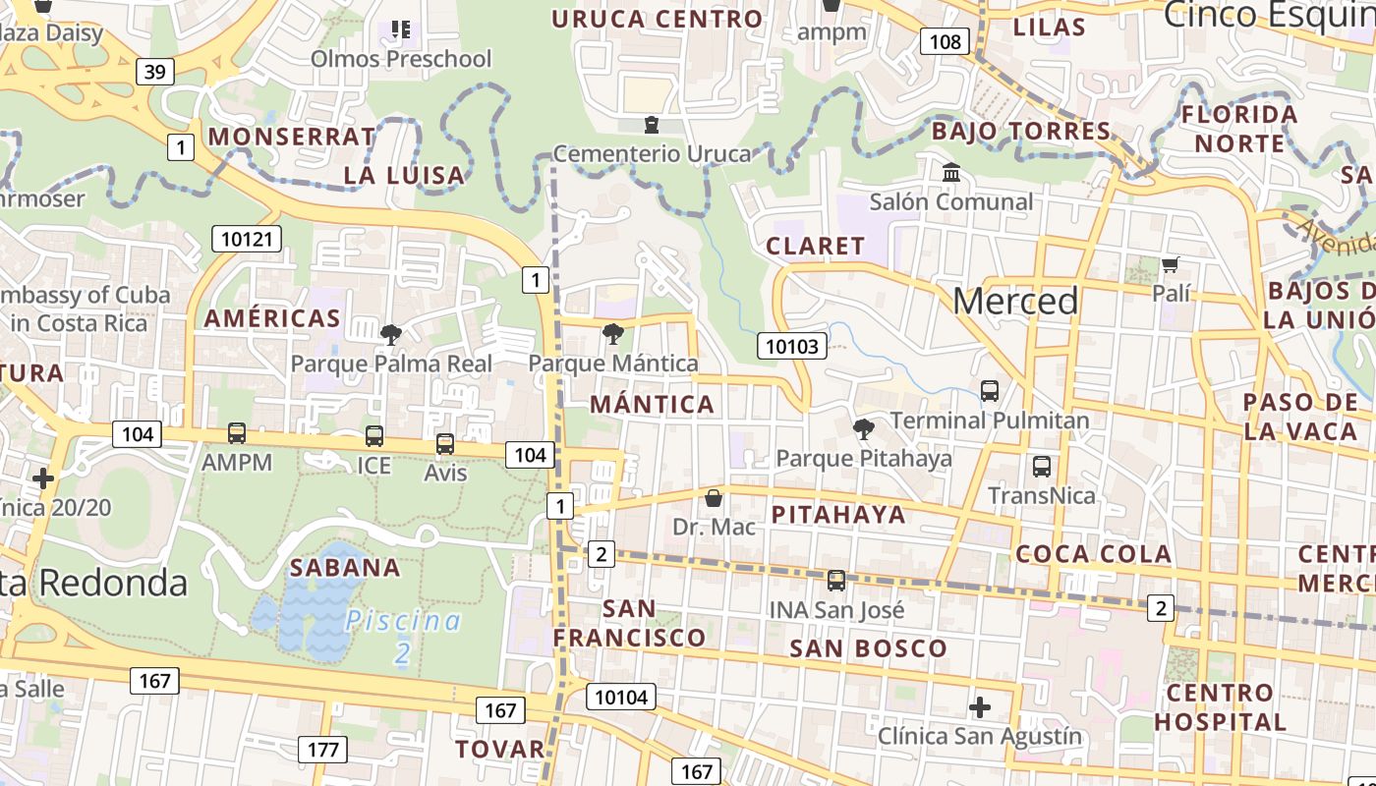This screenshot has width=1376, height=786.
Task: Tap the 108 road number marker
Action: click(x=945, y=41)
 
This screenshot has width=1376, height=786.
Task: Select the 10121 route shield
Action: click(x=247, y=239)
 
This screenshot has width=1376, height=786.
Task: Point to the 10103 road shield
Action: click(x=791, y=345)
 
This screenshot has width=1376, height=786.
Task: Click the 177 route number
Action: click(x=322, y=750)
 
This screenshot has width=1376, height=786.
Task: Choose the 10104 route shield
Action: click(x=621, y=697)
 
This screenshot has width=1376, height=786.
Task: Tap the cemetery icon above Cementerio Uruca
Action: click(x=651, y=125)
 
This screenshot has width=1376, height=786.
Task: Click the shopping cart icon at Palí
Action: click(x=1170, y=265)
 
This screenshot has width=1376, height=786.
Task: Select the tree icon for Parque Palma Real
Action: click(x=390, y=335)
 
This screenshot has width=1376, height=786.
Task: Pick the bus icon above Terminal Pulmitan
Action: click(x=990, y=391)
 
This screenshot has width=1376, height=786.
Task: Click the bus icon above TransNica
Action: click(x=1042, y=467)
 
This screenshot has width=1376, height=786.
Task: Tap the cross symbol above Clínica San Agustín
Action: click(x=980, y=707)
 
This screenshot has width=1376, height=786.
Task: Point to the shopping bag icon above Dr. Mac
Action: click(x=714, y=498)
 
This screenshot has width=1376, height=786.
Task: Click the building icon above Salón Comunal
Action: click(x=951, y=173)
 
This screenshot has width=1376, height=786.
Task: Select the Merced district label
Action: click(x=1015, y=301)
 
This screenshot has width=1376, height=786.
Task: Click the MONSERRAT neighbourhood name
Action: click(x=292, y=137)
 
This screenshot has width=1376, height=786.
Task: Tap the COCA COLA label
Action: click(x=1093, y=554)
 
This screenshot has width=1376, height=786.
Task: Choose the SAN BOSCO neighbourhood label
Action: click(x=868, y=648)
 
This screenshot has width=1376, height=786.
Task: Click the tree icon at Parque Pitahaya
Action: click(x=864, y=428)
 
